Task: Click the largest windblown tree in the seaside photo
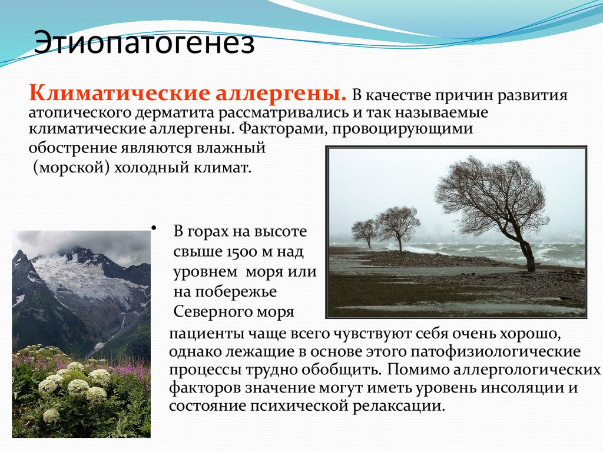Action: (x=492, y=197)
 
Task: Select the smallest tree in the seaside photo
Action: (x=365, y=231)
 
